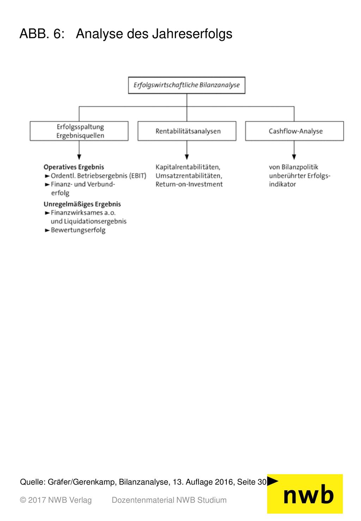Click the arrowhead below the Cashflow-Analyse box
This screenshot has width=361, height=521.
point(294,157)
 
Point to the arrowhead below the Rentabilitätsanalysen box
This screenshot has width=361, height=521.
point(186,157)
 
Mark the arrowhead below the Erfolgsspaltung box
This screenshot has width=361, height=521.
point(79,157)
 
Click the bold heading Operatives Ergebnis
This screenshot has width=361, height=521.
point(74,167)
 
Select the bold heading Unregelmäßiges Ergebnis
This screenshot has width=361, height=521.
point(82,204)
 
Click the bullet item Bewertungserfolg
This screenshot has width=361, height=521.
point(78,230)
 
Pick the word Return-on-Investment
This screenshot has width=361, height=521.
point(189,184)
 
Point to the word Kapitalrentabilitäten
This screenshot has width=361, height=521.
point(187,167)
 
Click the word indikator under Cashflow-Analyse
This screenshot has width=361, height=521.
point(282,184)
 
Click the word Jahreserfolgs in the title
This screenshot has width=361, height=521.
point(192,34)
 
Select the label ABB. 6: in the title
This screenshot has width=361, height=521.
point(42,34)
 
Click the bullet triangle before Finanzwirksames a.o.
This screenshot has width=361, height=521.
point(47,213)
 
